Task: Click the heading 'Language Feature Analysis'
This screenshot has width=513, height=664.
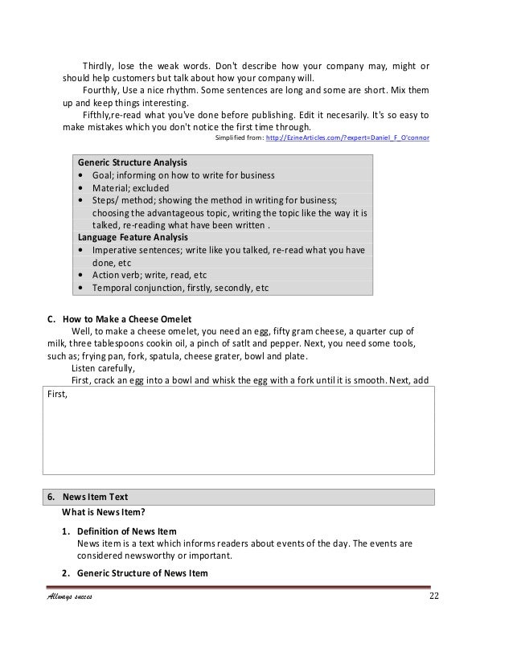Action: (133, 237)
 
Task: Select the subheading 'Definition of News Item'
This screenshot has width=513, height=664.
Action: (133, 531)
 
